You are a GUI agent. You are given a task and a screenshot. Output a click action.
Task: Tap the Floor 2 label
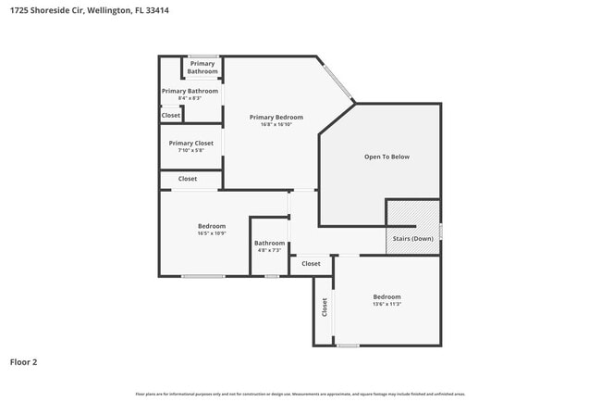(24, 362)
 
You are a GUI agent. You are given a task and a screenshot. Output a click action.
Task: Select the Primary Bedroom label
(276, 118)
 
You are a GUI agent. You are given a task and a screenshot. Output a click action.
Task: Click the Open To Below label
(386, 157)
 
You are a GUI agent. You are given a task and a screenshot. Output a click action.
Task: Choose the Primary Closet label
(191, 143)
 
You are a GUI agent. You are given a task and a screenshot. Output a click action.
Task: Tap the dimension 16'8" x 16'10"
(276, 126)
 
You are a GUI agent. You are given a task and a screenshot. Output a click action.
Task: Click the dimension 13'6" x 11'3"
(386, 304)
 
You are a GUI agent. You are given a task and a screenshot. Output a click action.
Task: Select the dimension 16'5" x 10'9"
(211, 233)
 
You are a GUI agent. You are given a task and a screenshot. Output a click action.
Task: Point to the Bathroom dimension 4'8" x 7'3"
(270, 251)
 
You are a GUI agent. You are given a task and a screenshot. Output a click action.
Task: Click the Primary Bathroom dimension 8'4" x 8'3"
(190, 98)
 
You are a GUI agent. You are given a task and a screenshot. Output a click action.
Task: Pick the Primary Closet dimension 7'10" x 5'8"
(191, 151)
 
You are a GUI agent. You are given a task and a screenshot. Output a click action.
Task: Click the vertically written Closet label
(325, 308)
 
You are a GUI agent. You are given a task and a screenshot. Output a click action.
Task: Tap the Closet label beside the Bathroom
(311, 264)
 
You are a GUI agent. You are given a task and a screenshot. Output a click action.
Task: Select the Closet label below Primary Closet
(188, 179)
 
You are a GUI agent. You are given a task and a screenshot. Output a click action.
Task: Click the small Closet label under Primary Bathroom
(171, 116)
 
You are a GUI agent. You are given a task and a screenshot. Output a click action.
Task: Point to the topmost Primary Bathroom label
(202, 68)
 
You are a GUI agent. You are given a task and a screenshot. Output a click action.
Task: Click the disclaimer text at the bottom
(300, 394)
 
